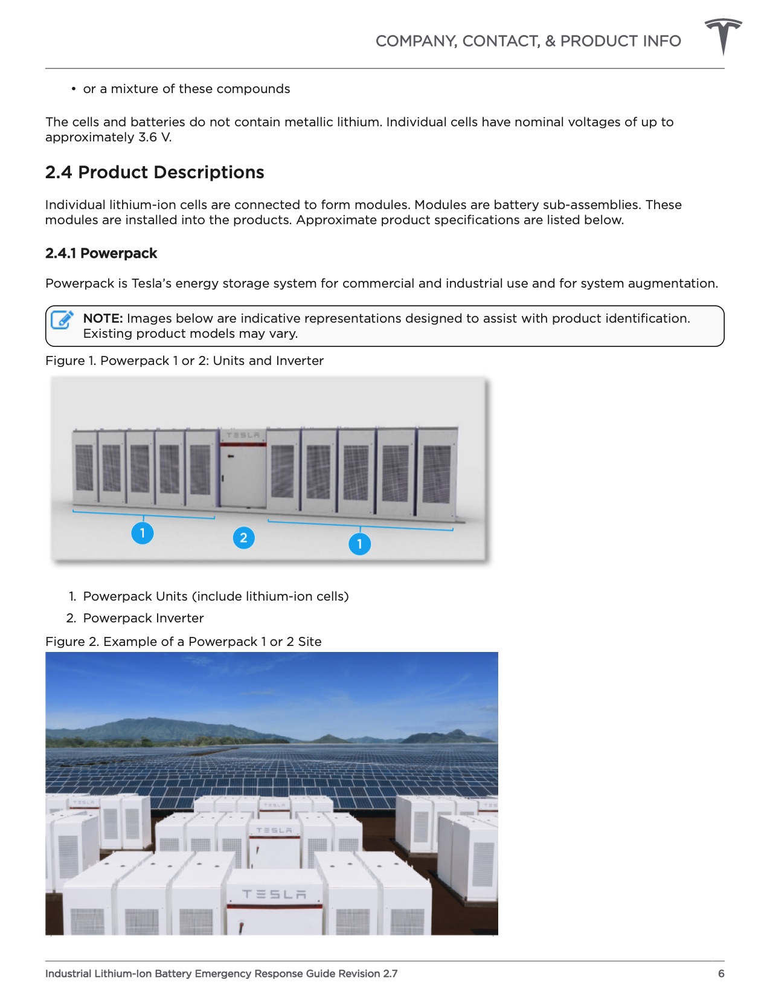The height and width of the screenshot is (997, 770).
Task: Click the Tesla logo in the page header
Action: click(x=723, y=36)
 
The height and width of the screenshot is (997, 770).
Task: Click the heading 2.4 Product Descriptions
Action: click(x=155, y=173)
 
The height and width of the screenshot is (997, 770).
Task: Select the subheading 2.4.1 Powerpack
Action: click(x=101, y=253)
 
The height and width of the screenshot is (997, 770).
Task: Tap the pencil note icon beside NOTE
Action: click(x=62, y=320)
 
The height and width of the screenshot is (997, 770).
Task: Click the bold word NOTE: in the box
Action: click(x=103, y=318)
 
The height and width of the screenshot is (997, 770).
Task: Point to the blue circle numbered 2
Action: click(x=243, y=538)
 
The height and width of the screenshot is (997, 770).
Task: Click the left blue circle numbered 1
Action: click(x=143, y=533)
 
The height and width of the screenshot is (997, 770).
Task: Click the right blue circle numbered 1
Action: click(x=359, y=544)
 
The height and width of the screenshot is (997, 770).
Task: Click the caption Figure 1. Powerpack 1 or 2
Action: click(x=184, y=361)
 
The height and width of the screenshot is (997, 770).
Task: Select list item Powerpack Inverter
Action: click(x=143, y=618)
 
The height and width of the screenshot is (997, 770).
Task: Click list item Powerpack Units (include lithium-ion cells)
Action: click(x=216, y=596)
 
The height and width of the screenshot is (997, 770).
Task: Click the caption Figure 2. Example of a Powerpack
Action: click(x=183, y=642)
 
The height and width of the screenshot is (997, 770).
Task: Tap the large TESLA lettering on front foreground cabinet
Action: click(x=274, y=894)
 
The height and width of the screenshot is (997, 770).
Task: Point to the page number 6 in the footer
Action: click(x=720, y=973)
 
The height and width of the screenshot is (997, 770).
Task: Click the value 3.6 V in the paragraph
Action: click(x=155, y=137)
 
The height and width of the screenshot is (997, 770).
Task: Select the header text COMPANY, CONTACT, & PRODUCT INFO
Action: click(x=528, y=41)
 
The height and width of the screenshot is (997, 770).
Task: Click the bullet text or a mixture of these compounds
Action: click(x=186, y=89)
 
